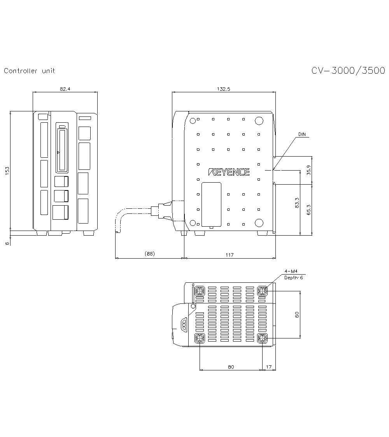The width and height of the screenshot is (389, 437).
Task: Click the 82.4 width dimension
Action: click(65, 89)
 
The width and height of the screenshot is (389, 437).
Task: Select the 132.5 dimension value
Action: click(223, 89)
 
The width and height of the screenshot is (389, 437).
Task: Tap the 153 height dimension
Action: click(7, 171)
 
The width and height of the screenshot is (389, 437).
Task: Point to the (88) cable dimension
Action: click(150, 254)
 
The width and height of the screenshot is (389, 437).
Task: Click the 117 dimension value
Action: click(230, 255)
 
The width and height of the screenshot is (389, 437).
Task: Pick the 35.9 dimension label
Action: click(308, 170)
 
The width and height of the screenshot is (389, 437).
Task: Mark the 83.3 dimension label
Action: click(297, 203)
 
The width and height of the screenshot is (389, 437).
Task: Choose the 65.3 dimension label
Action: click(308, 210)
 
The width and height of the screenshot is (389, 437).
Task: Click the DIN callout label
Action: click(302, 134)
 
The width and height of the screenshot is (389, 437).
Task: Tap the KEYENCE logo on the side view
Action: click(229, 172)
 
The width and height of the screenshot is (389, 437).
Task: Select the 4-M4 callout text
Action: click(291, 271)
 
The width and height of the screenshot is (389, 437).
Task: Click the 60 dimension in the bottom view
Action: click(297, 315)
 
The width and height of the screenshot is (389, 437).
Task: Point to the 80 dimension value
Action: click(231, 367)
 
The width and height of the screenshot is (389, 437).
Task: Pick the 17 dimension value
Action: click(269, 367)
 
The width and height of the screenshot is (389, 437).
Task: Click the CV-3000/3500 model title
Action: click(348, 70)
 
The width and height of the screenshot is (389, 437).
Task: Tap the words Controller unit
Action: click(29, 71)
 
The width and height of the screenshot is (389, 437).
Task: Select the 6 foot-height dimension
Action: click(7, 243)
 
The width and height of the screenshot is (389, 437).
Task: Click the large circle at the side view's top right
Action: click(259, 121)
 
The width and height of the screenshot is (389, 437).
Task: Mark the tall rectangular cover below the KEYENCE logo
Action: click(212, 204)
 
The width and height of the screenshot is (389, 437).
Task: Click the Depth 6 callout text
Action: click(294, 278)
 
